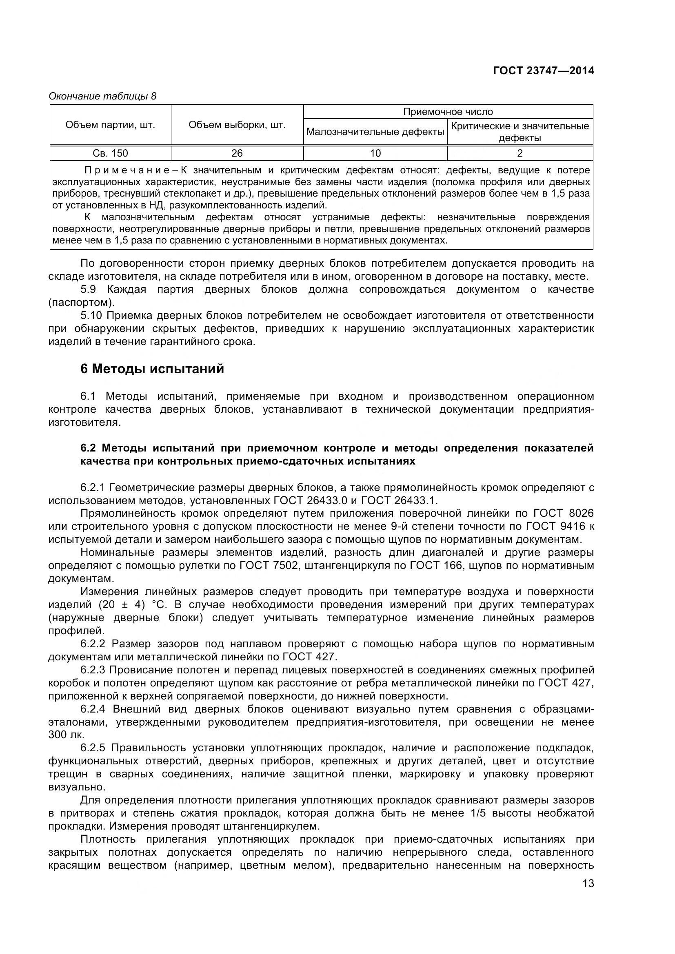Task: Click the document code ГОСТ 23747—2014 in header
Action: coord(543,71)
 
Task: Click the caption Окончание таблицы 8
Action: coord(102,96)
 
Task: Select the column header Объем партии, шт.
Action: coord(110,125)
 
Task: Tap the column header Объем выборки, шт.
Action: coord(237,125)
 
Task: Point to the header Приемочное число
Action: coord(448,112)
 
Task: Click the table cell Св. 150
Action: coord(110,153)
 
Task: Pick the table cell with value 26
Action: coord(237,153)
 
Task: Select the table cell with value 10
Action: coord(375,153)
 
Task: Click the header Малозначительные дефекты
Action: coord(375,132)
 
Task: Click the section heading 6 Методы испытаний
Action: coord(152,369)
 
